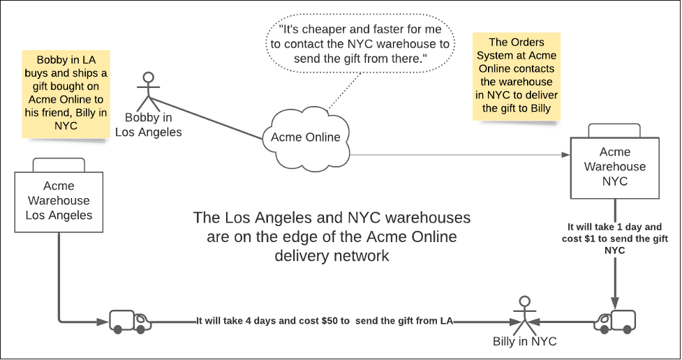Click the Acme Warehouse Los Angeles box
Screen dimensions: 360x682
(x=59, y=201)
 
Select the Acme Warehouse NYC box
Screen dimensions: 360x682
(x=615, y=167)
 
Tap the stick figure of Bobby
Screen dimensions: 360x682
(x=147, y=91)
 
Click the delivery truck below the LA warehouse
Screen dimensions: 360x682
(x=130, y=321)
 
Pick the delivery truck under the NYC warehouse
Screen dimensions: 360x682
(x=615, y=321)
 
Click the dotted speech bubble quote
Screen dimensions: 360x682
(x=361, y=45)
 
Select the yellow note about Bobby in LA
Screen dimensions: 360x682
(x=62, y=93)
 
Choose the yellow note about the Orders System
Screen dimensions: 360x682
(x=517, y=75)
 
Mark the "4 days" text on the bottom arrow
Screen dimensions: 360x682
(x=253, y=321)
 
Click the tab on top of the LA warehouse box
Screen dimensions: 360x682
(x=59, y=165)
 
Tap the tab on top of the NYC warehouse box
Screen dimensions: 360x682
(x=615, y=130)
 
